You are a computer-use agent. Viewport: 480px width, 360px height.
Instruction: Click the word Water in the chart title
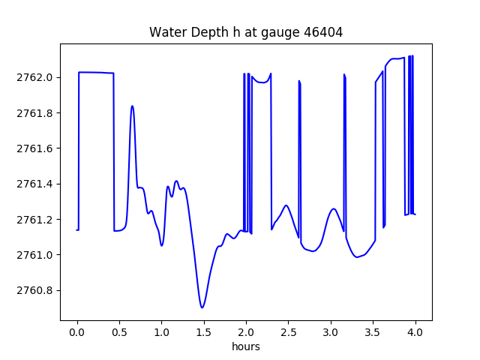[x=166, y=32]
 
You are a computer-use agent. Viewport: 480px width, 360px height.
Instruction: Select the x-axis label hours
[x=246, y=346]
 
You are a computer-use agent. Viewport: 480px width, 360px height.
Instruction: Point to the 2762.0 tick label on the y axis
[x=34, y=77]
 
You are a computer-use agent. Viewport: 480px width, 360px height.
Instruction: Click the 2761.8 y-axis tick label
[x=34, y=113]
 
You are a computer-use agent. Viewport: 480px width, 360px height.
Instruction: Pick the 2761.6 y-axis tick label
[x=34, y=148]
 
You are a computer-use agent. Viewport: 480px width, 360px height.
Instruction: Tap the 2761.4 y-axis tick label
[x=34, y=184]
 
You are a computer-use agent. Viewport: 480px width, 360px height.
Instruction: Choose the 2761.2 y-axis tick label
[x=34, y=220]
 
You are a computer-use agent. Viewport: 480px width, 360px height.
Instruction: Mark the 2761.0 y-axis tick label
[x=34, y=255]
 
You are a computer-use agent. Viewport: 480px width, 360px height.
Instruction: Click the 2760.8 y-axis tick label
[x=34, y=290]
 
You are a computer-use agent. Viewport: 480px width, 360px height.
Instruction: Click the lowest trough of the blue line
[x=202, y=307]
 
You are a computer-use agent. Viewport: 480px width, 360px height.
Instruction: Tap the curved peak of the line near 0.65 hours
[x=132, y=106]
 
